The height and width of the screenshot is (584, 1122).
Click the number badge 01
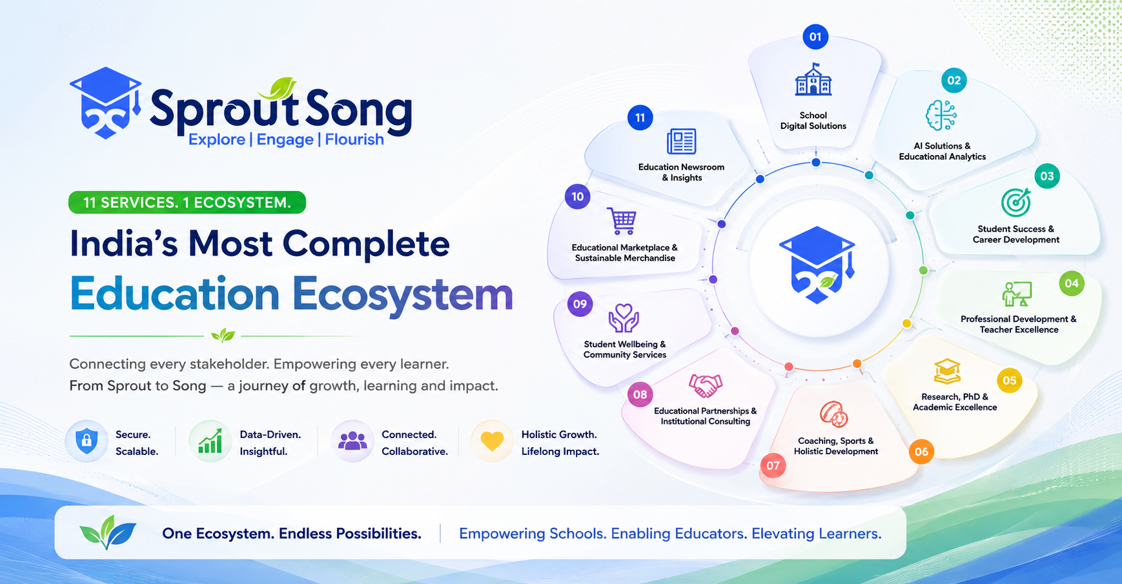click(815, 37)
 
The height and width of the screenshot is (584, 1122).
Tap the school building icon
click(813, 79)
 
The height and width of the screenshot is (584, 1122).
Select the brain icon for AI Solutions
click(941, 116)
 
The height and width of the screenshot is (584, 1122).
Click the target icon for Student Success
click(1016, 203)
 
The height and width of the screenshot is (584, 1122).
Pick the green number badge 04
click(1072, 283)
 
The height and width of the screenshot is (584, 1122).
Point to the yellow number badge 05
click(1010, 380)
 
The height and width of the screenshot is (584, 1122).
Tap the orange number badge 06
click(921, 452)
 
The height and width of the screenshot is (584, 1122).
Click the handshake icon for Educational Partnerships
click(705, 385)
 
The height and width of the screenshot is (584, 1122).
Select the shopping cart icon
click(622, 221)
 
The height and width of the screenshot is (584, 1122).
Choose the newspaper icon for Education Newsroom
click(681, 141)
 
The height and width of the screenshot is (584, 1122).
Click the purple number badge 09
click(580, 304)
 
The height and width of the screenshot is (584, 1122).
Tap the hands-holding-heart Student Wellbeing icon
click(624, 318)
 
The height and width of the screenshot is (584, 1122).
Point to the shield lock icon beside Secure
click(87, 441)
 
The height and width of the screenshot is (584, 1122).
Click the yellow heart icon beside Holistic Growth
click(492, 441)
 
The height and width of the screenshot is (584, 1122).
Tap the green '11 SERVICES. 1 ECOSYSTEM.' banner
click(187, 203)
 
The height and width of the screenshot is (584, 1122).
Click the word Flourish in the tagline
click(354, 139)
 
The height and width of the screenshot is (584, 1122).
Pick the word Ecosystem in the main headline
click(402, 294)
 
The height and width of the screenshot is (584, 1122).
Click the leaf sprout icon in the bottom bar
click(108, 532)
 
